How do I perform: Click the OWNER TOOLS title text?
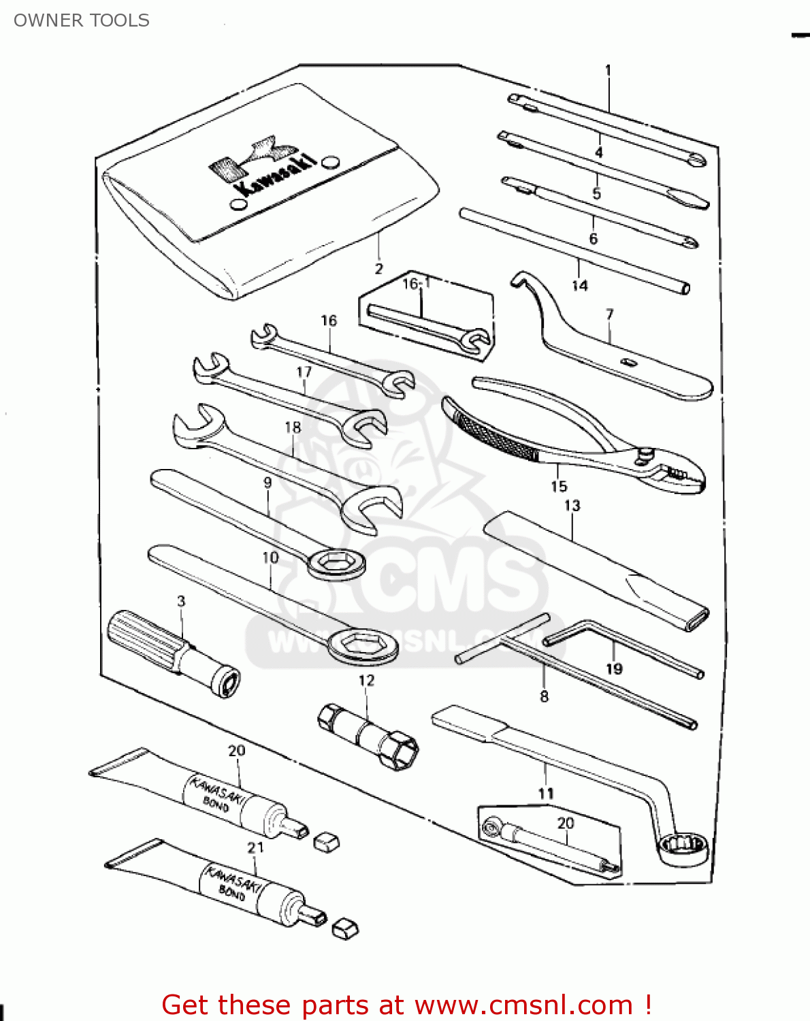[81, 20]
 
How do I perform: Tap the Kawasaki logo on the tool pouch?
[262, 167]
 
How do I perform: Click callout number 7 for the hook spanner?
[610, 314]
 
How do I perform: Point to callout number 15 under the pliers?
[559, 486]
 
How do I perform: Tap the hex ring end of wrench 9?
[335, 563]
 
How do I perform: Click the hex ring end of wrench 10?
[362, 643]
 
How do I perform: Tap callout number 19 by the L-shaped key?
[614, 668]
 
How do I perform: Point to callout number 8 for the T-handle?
[544, 696]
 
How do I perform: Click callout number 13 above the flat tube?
[572, 506]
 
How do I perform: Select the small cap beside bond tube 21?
[346, 928]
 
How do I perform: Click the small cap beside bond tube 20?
[327, 842]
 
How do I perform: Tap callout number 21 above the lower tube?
[255, 847]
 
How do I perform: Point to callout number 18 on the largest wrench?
[293, 427]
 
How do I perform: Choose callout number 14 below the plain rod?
[579, 285]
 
